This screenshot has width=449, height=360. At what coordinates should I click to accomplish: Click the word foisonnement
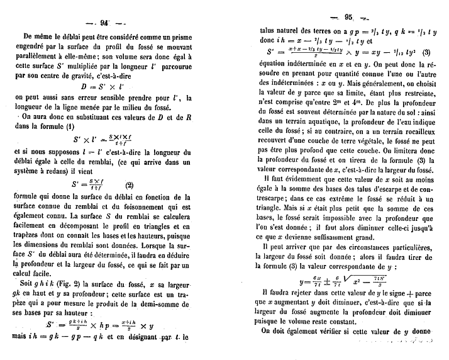(147, 206)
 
